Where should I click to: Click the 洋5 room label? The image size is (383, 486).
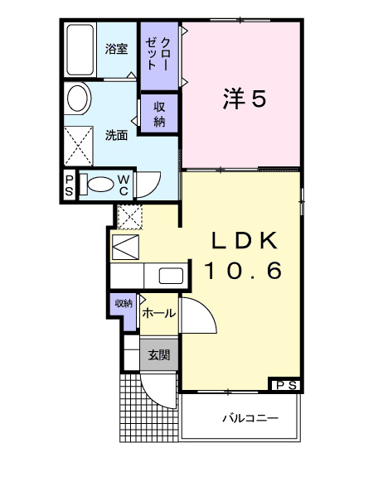pyautogui.click(x=244, y=99)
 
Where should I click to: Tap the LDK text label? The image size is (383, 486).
pyautogui.click(x=244, y=240)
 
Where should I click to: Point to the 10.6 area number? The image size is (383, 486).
pyautogui.click(x=244, y=270)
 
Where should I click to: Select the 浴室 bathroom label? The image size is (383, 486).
pyautogui.click(x=116, y=49)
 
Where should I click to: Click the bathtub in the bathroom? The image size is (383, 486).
pyautogui.click(x=80, y=51)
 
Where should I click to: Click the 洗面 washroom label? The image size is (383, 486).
pyautogui.click(x=116, y=135)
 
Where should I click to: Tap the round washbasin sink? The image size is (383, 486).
pyautogui.click(x=79, y=99)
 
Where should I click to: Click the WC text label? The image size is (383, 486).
pyautogui.click(x=123, y=185)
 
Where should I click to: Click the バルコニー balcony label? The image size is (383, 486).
pyautogui.click(x=250, y=418)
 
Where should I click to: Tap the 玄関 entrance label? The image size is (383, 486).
pyautogui.click(x=159, y=355)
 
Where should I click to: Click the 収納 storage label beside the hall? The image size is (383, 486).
pyautogui.click(x=123, y=303)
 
